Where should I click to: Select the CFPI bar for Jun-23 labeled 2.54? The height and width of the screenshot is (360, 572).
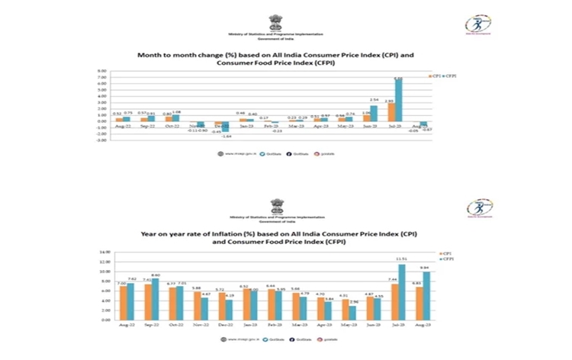click(373, 113)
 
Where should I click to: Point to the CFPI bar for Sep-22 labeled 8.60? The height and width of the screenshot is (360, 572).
click(156, 298)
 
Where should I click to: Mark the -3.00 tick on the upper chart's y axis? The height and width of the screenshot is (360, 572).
click(101, 140)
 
